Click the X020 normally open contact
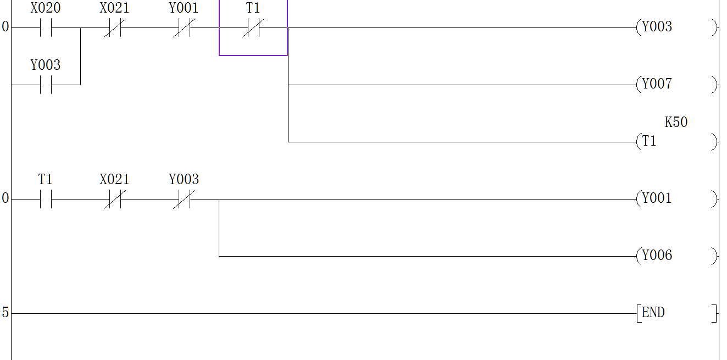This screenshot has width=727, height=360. click(46, 28)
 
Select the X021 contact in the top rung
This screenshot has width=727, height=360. click(114, 28)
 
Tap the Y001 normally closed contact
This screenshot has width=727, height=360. click(184, 28)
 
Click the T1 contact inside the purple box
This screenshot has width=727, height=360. click(253, 28)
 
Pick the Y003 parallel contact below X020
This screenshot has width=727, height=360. click(46, 85)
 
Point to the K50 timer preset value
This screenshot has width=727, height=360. click(676, 123)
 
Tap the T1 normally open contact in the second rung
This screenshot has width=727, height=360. click(46, 200)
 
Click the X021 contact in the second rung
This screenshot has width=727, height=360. click(114, 200)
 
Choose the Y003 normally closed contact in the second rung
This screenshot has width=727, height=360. click(184, 200)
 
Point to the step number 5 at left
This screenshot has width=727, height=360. click(5, 313)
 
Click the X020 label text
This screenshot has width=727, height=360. click(46, 8)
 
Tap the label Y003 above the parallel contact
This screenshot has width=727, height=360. click(46, 65)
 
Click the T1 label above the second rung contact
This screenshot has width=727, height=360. click(46, 180)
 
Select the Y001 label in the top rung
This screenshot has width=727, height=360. click(184, 8)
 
